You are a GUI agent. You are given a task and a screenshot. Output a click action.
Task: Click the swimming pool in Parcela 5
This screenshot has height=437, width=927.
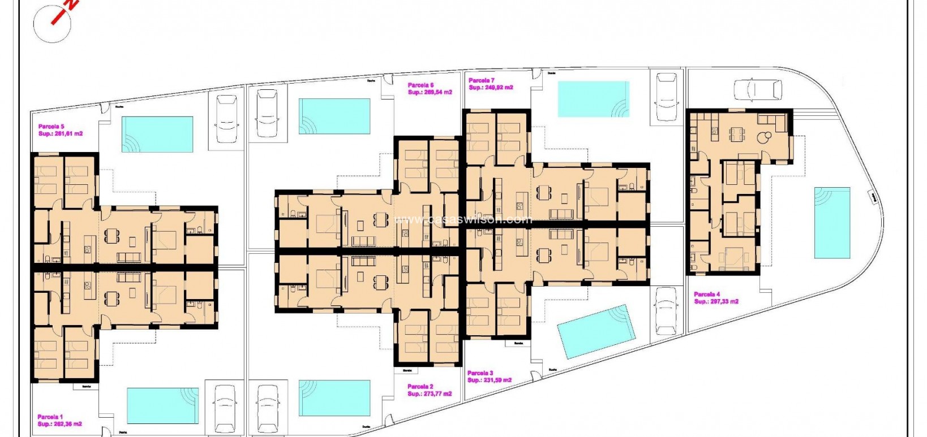pos(157,135)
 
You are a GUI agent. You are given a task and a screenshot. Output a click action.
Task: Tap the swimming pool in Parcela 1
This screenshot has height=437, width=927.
pos(162,405)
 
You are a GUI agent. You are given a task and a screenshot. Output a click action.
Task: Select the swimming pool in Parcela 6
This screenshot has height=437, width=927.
pos(334,116)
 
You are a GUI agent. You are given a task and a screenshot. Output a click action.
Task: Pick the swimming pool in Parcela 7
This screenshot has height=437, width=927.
pos(593,99)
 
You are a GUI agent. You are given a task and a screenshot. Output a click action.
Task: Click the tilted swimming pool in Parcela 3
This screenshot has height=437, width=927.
pos(596,331)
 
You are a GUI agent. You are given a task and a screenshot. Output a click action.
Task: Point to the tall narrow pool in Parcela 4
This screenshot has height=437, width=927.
pos(832,223)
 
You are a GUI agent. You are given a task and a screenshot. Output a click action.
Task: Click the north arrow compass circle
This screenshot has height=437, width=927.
pos(52,24)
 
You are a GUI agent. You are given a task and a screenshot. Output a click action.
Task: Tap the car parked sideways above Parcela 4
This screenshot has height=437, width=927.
pos(758,89)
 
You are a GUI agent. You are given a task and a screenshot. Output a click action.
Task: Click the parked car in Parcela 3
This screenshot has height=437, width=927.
pos(666,310)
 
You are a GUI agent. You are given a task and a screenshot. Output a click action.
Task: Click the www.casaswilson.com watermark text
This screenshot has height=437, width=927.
pos(463,219)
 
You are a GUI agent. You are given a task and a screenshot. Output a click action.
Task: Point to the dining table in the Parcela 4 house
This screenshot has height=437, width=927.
pos(736,134)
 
